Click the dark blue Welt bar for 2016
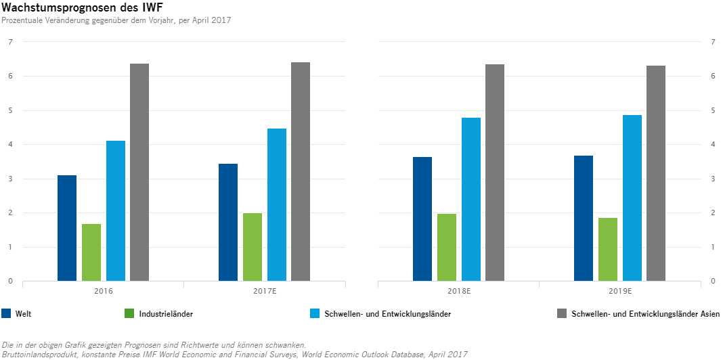(67, 228)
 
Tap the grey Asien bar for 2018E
(495, 173)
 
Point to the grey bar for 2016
(139, 172)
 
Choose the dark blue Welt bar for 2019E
(584, 218)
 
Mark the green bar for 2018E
(447, 247)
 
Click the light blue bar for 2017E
(277, 204)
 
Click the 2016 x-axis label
(103, 292)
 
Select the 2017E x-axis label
(264, 292)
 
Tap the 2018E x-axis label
(458, 292)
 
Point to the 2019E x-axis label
(619, 292)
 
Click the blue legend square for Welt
(7, 313)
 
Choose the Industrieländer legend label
(166, 314)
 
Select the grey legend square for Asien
(561, 313)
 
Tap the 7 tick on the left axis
(10, 42)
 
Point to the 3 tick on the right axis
(714, 179)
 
